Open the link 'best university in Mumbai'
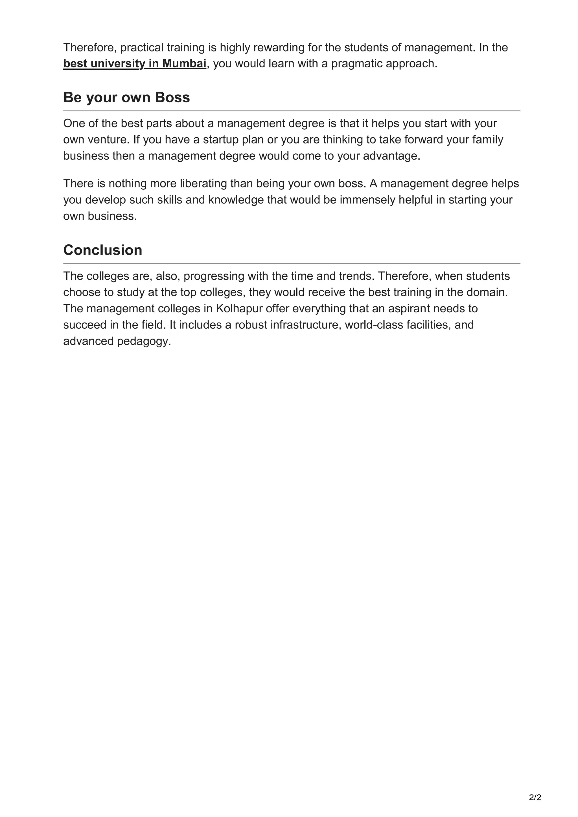point(135,64)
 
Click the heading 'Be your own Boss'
point(126,98)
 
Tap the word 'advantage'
point(391,156)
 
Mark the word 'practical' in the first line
point(142,47)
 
